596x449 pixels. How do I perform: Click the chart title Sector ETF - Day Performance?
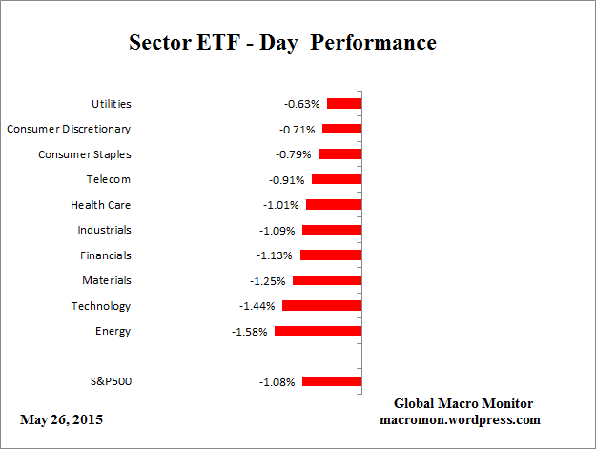(x=282, y=44)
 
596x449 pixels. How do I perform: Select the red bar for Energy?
(x=318, y=331)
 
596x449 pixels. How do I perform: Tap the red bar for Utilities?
(x=344, y=103)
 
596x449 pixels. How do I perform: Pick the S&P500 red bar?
(x=332, y=381)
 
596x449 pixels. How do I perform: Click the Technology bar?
(x=321, y=306)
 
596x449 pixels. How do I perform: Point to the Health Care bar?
(x=334, y=204)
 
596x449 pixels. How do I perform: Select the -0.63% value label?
(x=303, y=103)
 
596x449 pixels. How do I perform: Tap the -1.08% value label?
(x=277, y=381)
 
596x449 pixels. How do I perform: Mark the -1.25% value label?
(x=270, y=280)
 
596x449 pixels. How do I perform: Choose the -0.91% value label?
(x=288, y=179)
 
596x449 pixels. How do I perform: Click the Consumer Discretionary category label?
(x=69, y=129)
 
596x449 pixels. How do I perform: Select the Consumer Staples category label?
(x=85, y=154)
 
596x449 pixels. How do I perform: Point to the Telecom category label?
(x=108, y=179)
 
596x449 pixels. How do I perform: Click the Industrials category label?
(x=105, y=230)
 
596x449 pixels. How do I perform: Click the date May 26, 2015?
(x=61, y=419)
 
